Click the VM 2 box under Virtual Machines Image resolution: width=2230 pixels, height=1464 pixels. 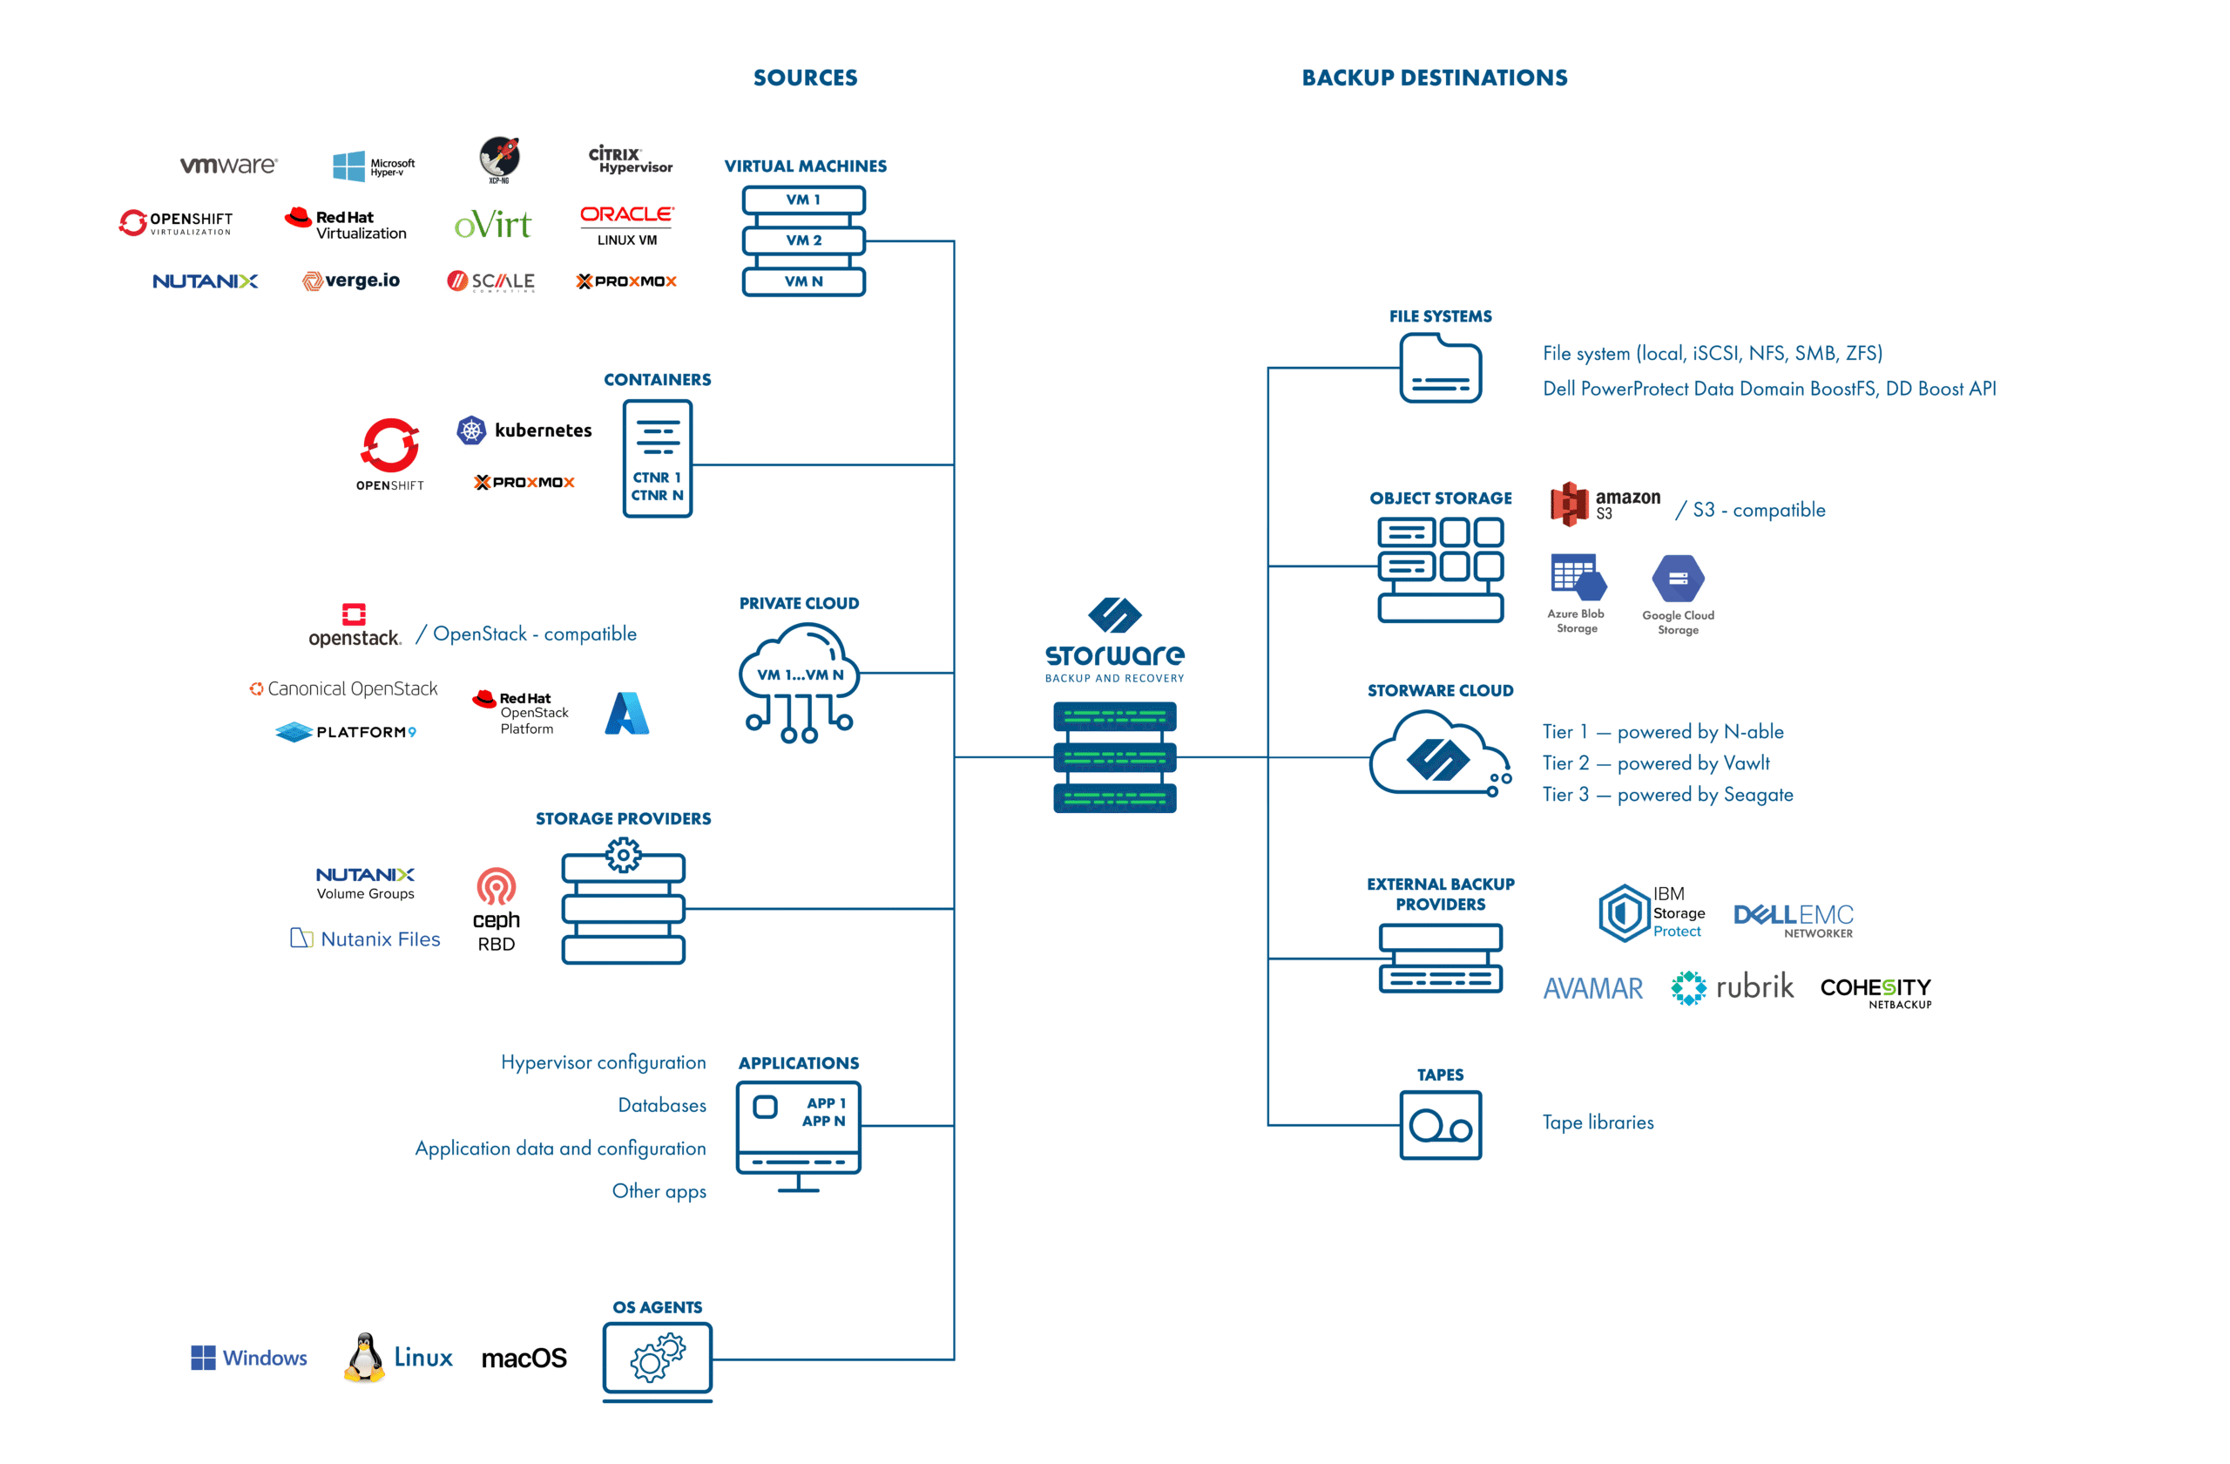coord(803,241)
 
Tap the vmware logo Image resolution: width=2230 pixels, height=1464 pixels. coord(228,166)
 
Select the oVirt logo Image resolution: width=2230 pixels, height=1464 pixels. coord(493,225)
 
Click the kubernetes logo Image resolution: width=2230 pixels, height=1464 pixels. coord(524,430)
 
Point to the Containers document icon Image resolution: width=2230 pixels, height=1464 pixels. coord(658,458)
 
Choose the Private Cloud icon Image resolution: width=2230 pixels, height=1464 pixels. coord(800,681)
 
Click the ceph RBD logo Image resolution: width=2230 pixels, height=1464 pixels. coord(496,909)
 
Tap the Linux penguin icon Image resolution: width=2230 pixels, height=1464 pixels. coord(364,1357)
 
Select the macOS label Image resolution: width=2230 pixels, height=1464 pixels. coord(524,1358)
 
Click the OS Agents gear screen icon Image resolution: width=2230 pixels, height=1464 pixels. coord(658,1359)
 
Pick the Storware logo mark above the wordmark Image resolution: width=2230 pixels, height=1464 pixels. coord(1114,615)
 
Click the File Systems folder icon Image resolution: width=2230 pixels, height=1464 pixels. coord(1440,369)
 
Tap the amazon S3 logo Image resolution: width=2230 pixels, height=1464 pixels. coord(1604,505)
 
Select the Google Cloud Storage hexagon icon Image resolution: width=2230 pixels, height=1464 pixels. coord(1678,579)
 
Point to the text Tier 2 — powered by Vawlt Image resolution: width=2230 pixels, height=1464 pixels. coord(1656,762)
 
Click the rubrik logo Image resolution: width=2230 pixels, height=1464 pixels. coord(1733,987)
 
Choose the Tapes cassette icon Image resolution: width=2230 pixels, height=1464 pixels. coord(1440,1125)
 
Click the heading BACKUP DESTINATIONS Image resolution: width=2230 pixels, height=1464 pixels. coord(1434,78)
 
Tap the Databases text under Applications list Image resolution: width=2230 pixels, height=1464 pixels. coord(661,1105)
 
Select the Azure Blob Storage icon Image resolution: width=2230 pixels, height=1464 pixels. coord(1578,578)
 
